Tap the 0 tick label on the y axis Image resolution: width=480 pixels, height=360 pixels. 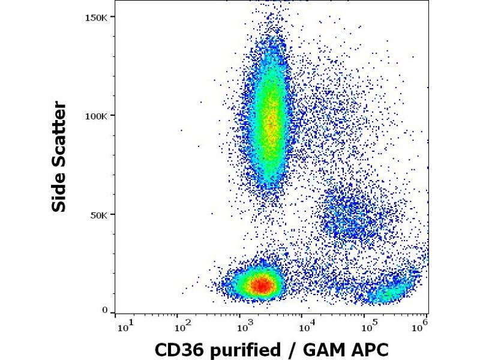pyautogui.click(x=105, y=311)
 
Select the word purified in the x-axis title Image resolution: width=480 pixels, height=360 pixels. pyautogui.click(x=242, y=349)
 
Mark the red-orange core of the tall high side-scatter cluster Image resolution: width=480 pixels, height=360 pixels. pyautogui.click(x=271, y=120)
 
